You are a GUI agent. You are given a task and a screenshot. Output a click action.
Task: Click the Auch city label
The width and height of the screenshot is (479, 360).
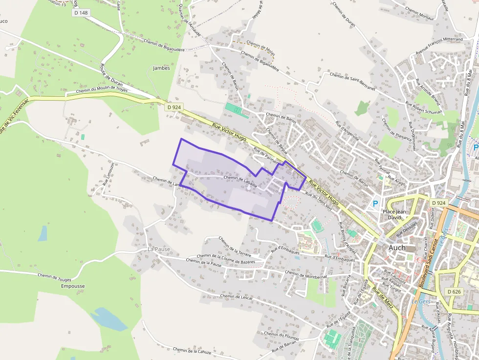point(397,248)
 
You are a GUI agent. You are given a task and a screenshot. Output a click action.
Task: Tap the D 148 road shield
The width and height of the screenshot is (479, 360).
point(81,13)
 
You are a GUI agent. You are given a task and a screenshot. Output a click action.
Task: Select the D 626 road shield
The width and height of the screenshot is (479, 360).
point(454,292)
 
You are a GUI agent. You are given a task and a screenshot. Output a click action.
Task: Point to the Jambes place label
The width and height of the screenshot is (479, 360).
point(161,68)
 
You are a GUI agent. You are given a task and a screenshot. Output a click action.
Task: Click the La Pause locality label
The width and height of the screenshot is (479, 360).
point(159,249)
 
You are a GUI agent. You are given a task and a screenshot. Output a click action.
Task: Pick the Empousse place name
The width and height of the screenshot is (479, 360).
point(73,286)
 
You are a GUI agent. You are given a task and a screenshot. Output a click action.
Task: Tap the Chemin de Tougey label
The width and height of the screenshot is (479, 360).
point(55,277)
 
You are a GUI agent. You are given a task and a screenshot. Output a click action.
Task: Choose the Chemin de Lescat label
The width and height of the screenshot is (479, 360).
point(237,296)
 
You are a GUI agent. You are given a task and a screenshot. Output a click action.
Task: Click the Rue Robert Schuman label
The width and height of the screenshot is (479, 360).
point(424,108)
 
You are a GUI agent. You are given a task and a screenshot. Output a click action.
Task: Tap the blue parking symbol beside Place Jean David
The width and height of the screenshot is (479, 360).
point(375,204)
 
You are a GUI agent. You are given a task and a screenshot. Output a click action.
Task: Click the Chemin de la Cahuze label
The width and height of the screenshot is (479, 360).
point(192,351)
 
